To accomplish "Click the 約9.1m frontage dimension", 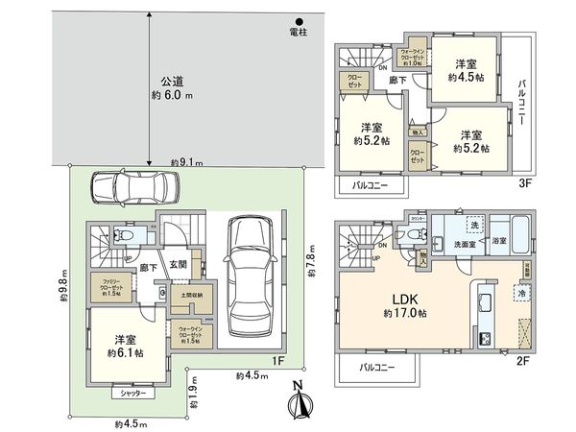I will [x=185, y=162].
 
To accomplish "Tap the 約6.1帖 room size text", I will [x=125, y=353].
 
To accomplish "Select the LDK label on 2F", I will [x=402, y=296].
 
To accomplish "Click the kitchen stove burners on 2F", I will [x=485, y=337].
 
